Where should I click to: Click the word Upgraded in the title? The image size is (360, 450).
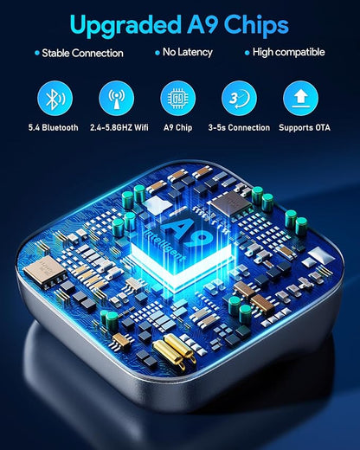click(x=125, y=26)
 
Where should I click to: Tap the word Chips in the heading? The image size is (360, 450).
click(x=256, y=26)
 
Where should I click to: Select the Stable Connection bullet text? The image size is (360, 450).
click(x=82, y=53)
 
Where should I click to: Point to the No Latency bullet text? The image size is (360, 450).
click(x=188, y=52)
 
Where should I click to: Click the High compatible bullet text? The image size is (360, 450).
click(x=288, y=52)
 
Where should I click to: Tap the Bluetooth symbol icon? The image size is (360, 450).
click(x=55, y=99)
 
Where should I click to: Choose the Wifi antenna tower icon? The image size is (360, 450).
click(x=117, y=99)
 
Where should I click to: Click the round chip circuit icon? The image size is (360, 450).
click(x=178, y=99)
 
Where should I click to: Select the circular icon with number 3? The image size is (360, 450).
click(x=239, y=99)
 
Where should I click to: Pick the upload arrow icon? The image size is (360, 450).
click(x=301, y=99)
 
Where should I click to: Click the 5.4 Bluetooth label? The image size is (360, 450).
click(x=54, y=127)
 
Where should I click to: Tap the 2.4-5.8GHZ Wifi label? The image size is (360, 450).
click(x=119, y=127)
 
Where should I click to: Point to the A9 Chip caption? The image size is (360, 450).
click(x=177, y=127)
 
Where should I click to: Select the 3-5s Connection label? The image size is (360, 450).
click(x=239, y=127)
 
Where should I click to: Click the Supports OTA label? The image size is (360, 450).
click(x=305, y=127)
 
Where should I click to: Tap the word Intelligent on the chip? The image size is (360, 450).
click(x=165, y=244)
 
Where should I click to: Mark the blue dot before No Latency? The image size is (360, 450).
click(x=157, y=53)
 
